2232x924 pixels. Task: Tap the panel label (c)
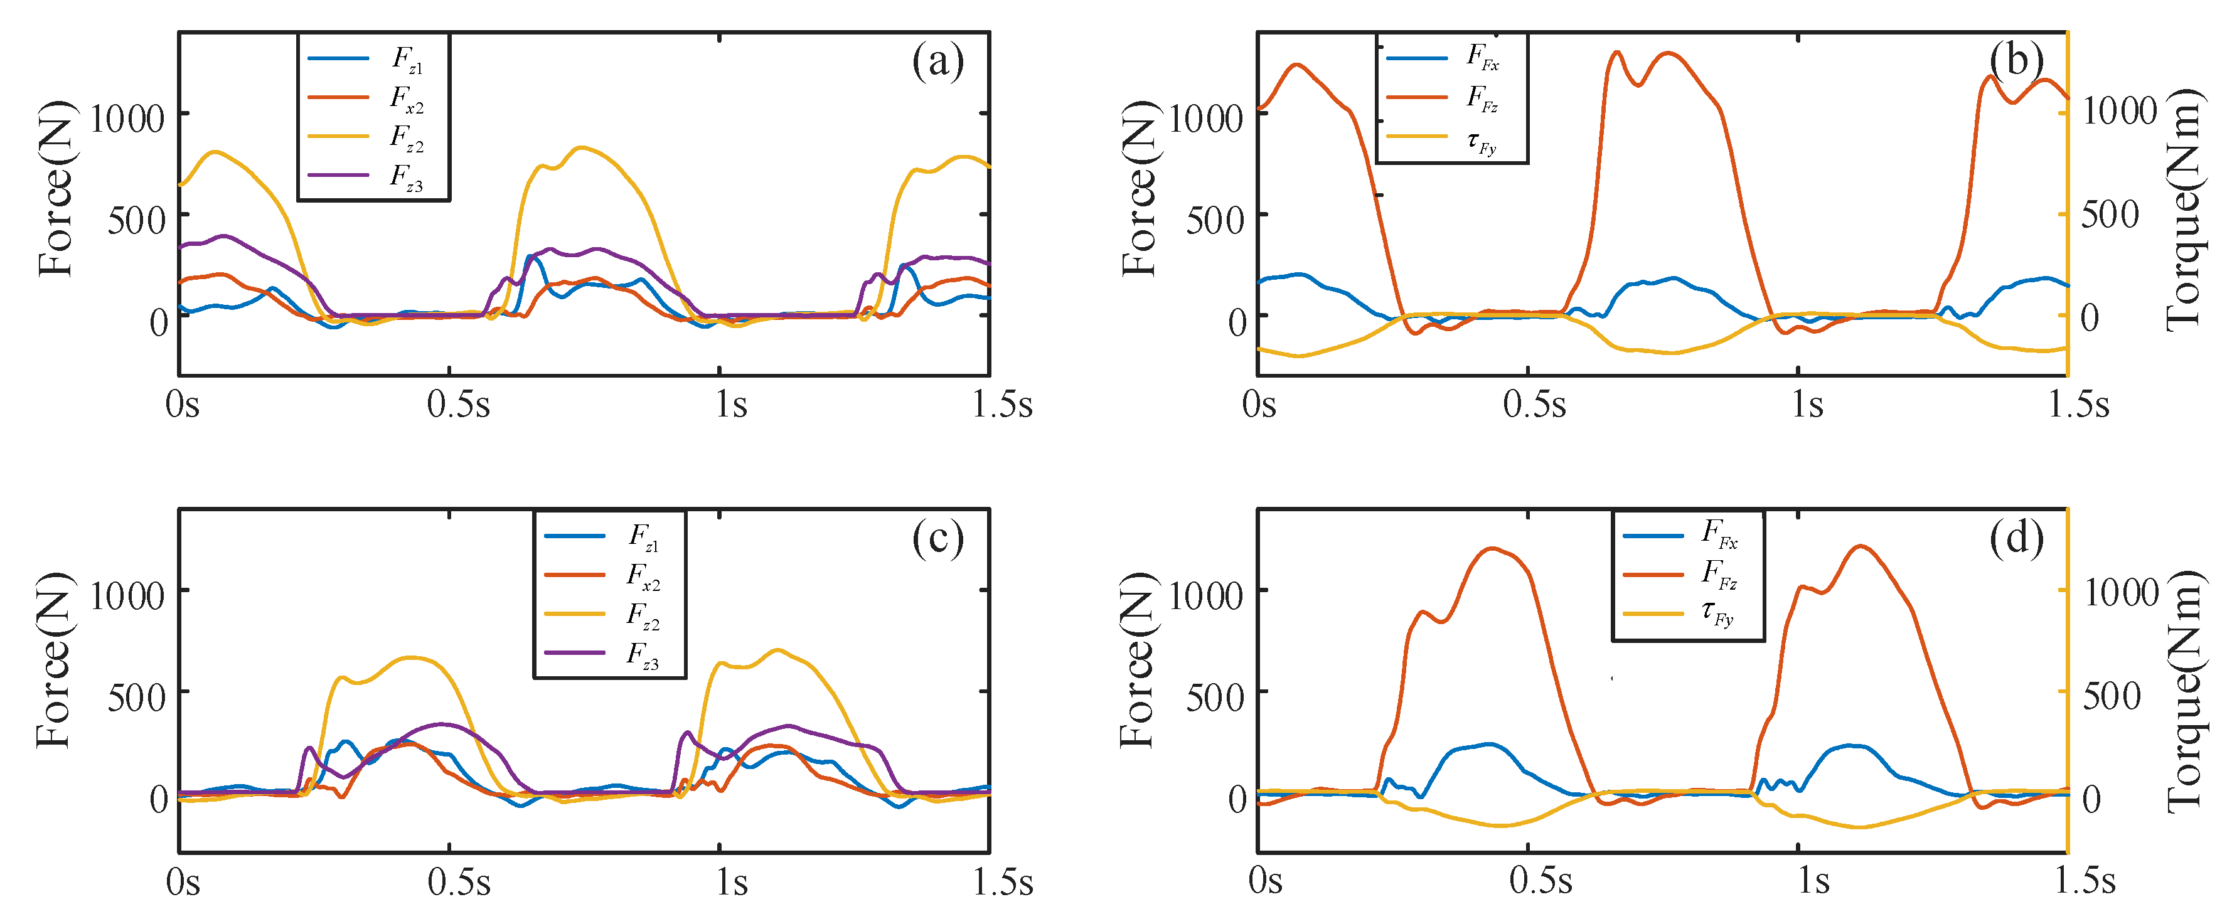937,539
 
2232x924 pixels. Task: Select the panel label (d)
2016,539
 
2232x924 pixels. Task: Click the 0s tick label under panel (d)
1265,881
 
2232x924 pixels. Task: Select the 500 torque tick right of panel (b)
2110,215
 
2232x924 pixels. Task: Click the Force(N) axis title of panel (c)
54,660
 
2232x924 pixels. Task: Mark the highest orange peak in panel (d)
1861,546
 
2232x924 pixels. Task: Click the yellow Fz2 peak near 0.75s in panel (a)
582,148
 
